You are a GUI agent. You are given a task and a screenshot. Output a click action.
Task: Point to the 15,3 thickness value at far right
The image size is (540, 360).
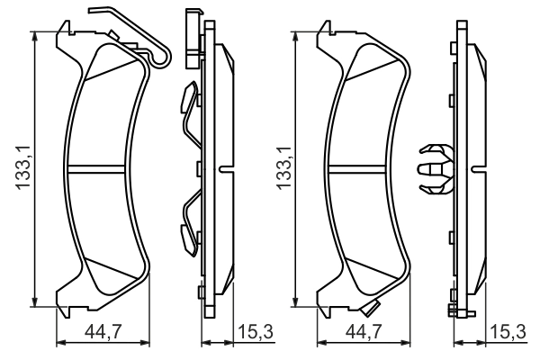[508, 333]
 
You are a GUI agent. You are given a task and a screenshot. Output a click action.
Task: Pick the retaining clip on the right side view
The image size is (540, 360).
[436, 167]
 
